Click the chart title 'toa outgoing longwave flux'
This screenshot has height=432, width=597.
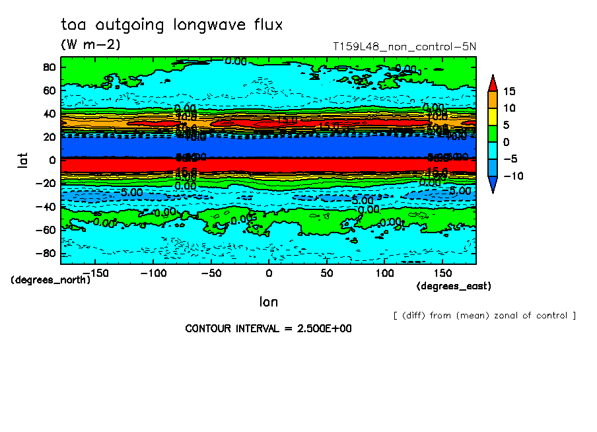click(x=172, y=25)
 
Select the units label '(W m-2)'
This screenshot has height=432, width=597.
click(x=90, y=45)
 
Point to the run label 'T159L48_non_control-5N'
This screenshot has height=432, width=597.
click(x=405, y=47)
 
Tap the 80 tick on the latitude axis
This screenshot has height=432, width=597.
click(x=48, y=67)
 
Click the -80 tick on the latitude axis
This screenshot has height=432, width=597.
click(x=46, y=254)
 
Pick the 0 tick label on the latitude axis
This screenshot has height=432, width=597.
click(x=52, y=160)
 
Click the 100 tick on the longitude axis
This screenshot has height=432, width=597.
click(x=384, y=273)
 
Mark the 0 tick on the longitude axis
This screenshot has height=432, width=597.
click(x=269, y=273)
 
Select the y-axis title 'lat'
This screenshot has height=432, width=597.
click(x=22, y=160)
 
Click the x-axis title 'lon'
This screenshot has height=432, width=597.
click(x=268, y=302)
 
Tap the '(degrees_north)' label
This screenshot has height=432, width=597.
click(x=50, y=280)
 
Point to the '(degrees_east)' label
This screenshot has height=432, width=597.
click(x=454, y=286)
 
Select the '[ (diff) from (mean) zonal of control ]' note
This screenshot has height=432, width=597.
click(x=484, y=315)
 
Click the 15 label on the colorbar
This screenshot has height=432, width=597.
click(x=509, y=91)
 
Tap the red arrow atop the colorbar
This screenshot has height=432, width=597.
click(x=492, y=83)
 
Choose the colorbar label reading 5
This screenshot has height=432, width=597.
click(x=506, y=125)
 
